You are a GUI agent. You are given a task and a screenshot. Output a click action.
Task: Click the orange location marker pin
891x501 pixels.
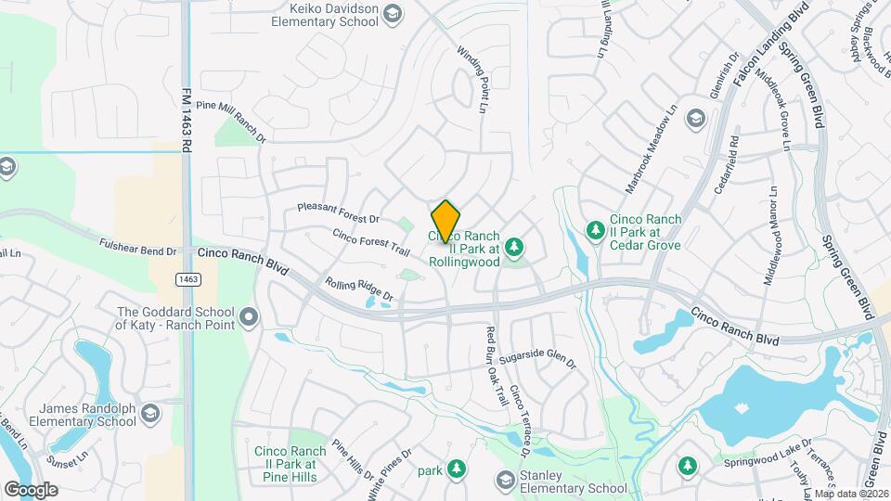tap(446, 221)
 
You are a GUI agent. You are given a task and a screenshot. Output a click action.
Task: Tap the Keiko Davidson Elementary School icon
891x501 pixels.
tap(393, 13)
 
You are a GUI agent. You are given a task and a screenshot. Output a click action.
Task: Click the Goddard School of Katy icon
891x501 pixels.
tap(248, 318)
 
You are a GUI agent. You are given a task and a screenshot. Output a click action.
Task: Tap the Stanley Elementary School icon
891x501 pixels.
tap(505, 480)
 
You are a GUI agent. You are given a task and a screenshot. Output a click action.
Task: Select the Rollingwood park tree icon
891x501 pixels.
tap(516, 246)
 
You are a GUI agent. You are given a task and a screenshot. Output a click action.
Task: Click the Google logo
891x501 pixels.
tap(31, 490)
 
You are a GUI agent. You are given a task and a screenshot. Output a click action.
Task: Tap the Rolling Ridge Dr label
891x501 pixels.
tap(359, 290)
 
